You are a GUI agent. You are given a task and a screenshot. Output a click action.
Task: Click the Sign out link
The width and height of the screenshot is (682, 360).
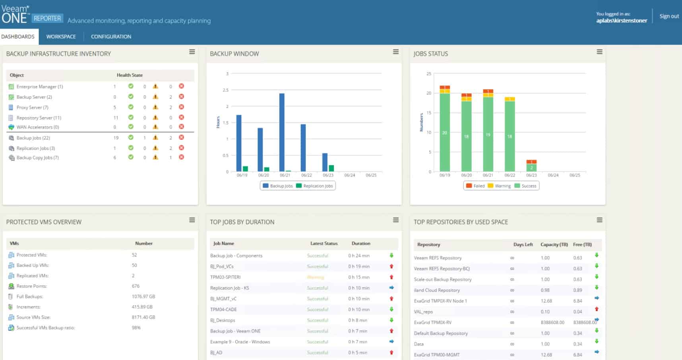point(669,16)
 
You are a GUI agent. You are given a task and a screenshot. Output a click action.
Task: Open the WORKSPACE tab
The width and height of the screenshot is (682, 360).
point(61,37)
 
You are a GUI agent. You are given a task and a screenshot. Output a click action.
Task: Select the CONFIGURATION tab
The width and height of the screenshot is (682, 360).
point(111,37)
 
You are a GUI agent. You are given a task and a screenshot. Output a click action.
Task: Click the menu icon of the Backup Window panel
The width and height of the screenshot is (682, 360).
point(395,52)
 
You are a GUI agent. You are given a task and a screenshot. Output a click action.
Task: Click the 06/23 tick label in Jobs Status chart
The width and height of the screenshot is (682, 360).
point(531,175)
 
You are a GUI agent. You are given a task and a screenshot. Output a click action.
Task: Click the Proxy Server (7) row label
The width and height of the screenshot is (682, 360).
point(32,107)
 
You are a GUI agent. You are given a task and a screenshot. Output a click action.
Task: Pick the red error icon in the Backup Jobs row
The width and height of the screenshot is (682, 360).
point(181,137)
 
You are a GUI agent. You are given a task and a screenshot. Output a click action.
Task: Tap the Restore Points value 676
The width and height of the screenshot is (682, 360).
point(136,286)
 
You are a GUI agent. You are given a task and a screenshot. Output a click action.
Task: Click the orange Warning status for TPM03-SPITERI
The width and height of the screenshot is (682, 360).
point(316,277)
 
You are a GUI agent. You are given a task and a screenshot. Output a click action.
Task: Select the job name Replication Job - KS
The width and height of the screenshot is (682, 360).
point(229,288)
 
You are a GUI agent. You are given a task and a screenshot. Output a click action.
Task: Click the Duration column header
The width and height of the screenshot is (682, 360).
point(360,244)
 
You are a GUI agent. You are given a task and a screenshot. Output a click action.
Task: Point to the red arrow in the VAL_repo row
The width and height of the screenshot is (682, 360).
point(597,309)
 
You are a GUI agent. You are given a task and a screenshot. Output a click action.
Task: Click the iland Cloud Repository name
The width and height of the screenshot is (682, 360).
point(437,290)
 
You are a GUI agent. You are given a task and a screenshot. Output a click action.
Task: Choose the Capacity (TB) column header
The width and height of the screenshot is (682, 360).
point(554,245)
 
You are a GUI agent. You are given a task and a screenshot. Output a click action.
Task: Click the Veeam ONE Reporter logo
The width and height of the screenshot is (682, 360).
point(32,15)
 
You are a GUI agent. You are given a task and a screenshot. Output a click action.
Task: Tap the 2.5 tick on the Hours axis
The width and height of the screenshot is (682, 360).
point(225,90)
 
